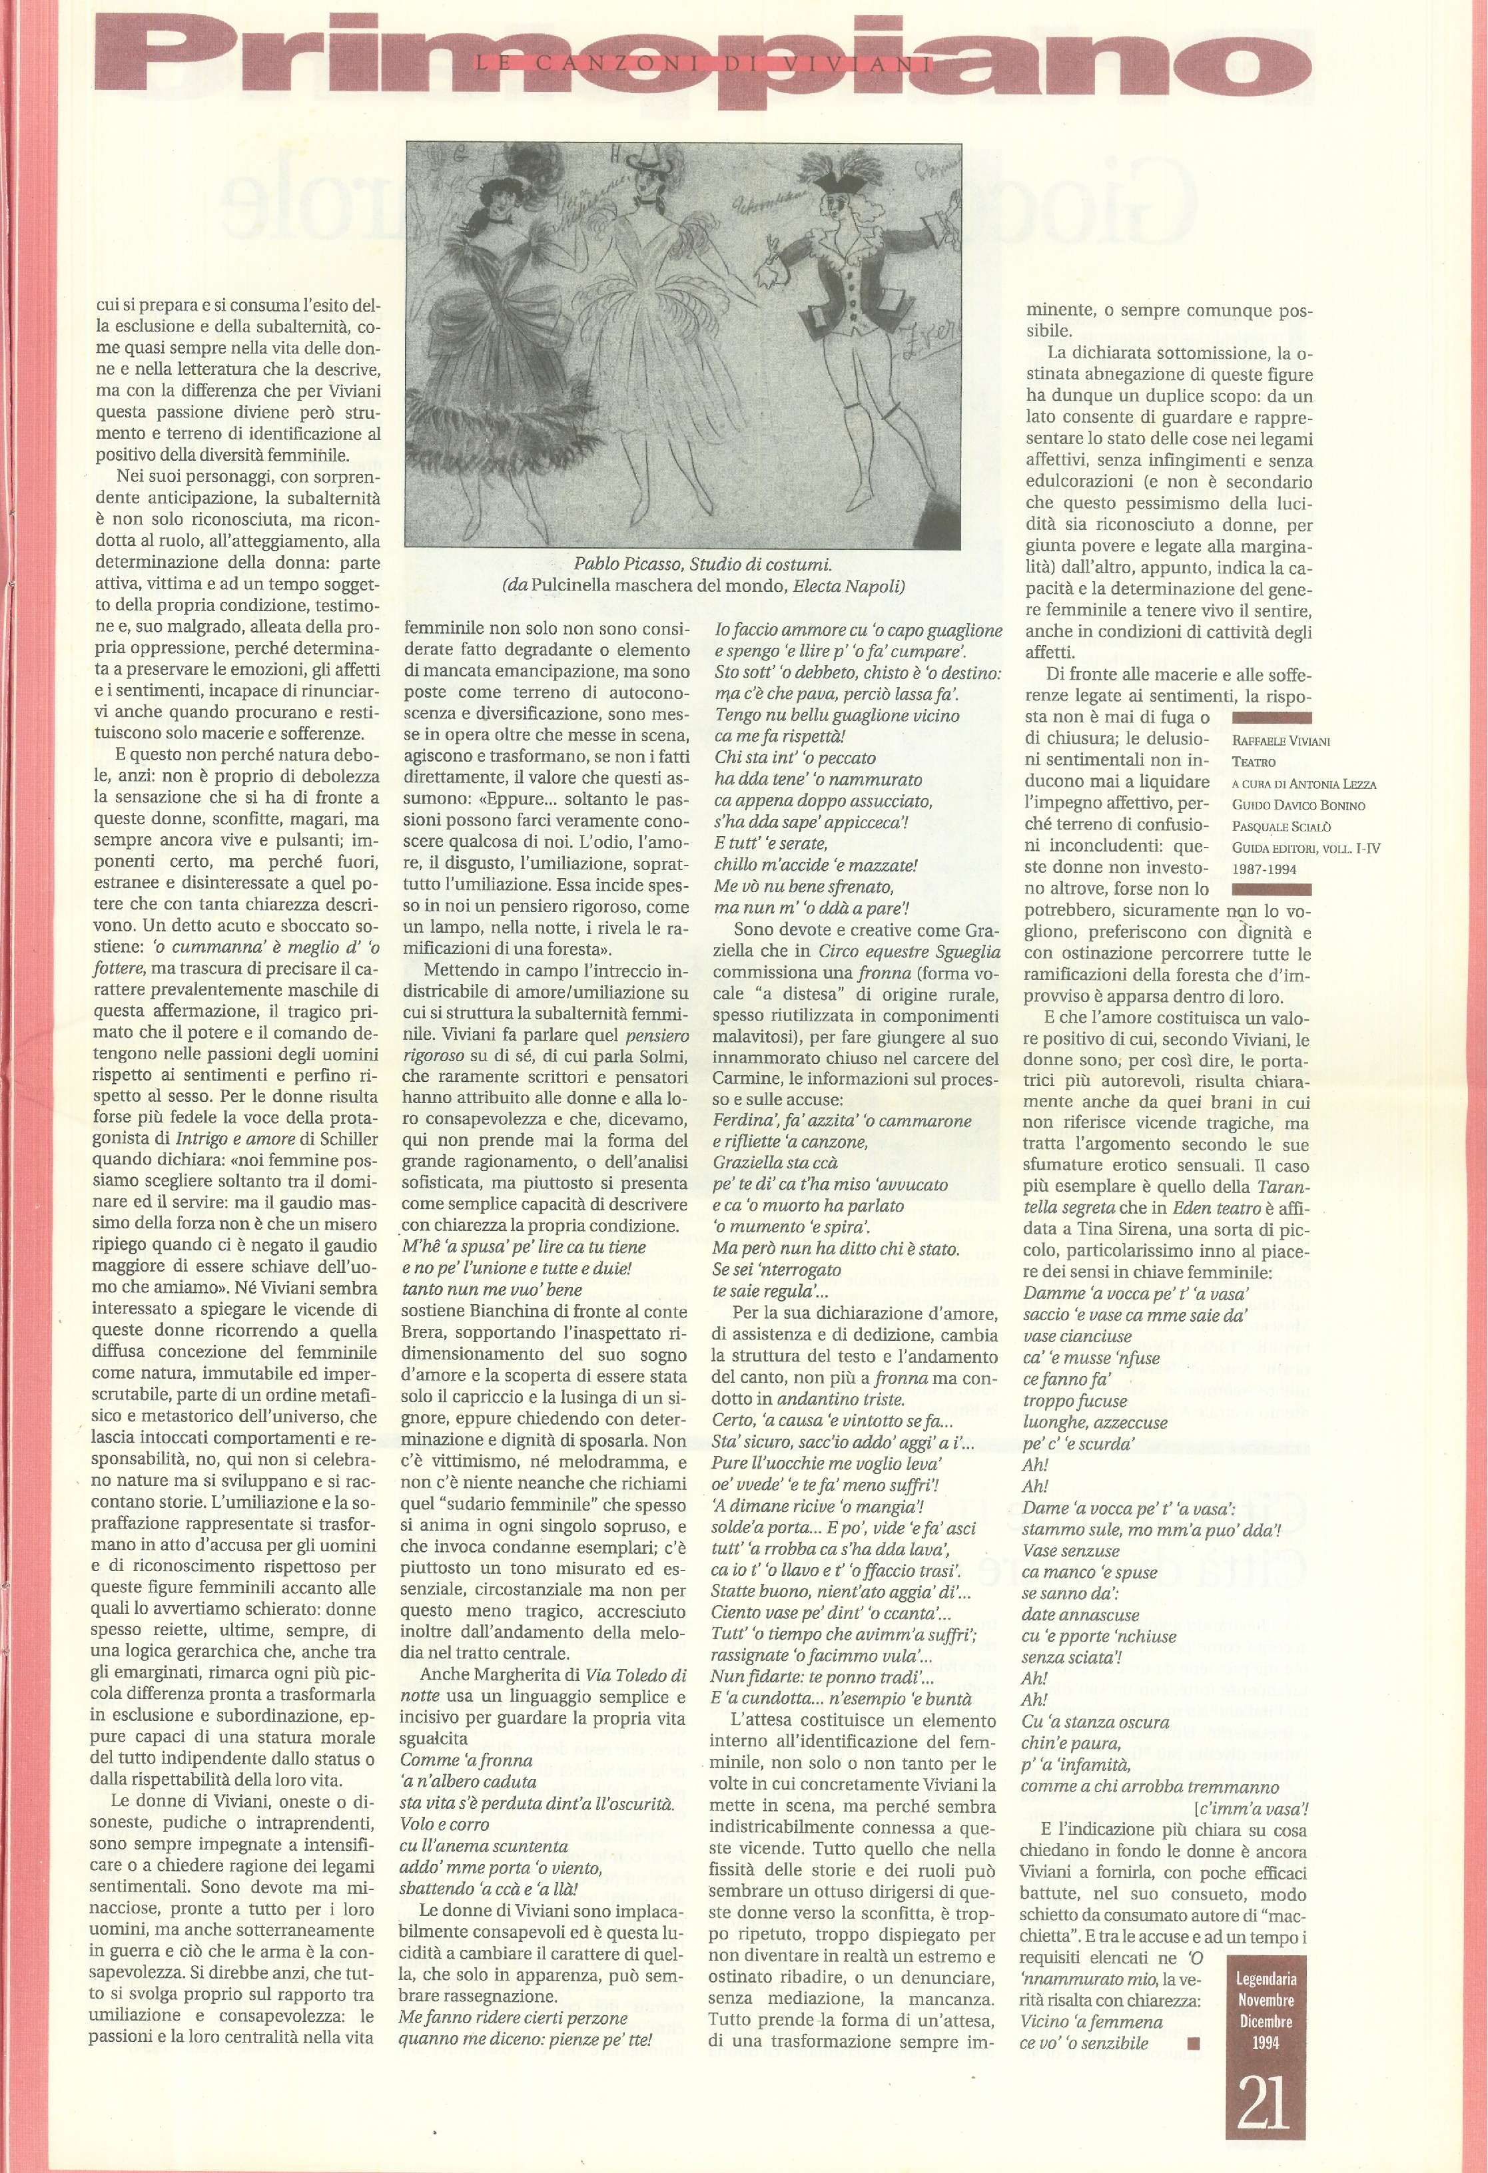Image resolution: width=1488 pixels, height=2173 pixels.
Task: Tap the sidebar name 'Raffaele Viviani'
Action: point(1280,740)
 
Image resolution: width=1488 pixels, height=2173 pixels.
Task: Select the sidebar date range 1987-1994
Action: point(1264,867)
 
